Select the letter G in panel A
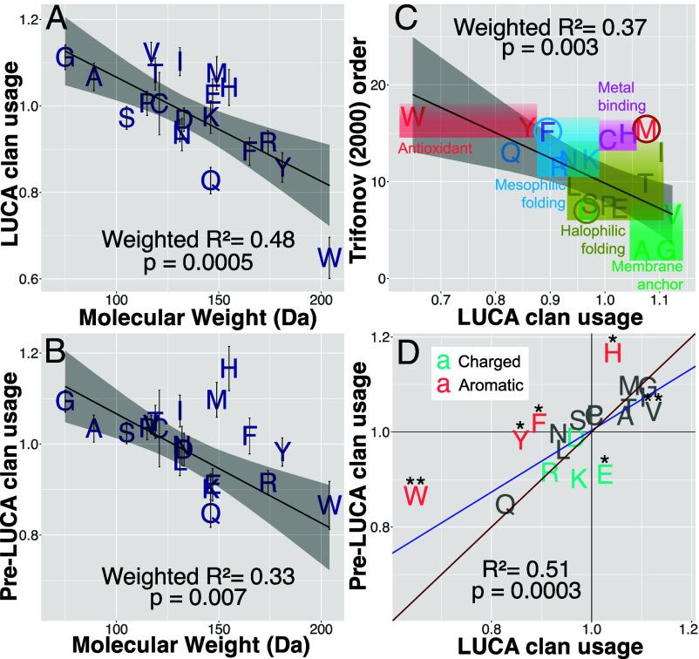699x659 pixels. click(x=64, y=58)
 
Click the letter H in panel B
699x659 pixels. click(x=229, y=370)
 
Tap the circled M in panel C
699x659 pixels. click(x=647, y=130)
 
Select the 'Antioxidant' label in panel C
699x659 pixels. click(x=435, y=149)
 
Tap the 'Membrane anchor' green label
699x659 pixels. click(x=646, y=275)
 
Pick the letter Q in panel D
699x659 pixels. click(x=506, y=503)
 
